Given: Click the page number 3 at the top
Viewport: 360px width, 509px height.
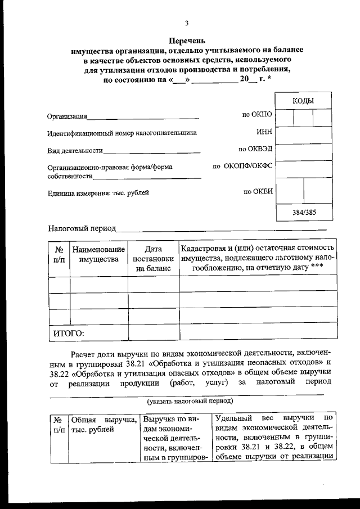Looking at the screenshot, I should [187, 23].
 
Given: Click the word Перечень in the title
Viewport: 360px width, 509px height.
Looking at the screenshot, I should [187, 40].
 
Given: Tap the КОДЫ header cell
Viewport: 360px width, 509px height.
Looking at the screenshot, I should [303, 101].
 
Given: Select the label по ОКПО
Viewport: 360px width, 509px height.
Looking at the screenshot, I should [256, 114].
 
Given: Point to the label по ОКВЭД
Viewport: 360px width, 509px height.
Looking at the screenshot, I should [255, 150].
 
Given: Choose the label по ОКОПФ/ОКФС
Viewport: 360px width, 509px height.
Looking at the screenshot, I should [242, 166].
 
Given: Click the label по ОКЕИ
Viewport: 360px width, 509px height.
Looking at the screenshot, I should [258, 191].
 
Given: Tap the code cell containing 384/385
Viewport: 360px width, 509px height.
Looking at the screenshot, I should [304, 213].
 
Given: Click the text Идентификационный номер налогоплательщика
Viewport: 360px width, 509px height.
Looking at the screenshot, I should [122, 133].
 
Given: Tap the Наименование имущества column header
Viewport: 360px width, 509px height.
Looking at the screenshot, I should [98, 254].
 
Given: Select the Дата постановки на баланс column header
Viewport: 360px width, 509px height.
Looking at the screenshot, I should [152, 259].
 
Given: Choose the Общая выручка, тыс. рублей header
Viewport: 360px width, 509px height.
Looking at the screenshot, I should [103, 425].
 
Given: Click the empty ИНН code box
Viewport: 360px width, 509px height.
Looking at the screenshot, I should [304, 135].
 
